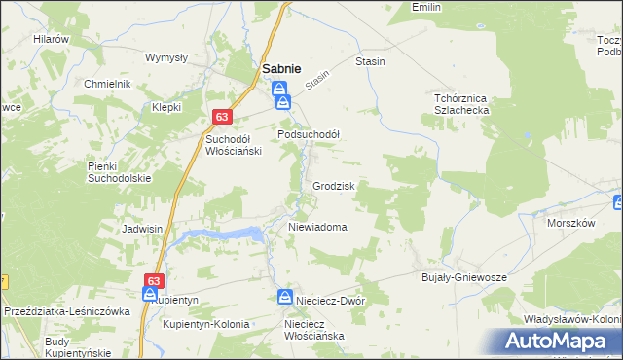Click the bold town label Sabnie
[x=281, y=68]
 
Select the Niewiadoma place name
[x=317, y=227]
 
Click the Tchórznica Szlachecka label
[x=459, y=104]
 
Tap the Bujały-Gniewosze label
[x=464, y=277]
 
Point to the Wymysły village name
[x=165, y=57]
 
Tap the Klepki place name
[x=166, y=107]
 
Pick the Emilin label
[x=426, y=7]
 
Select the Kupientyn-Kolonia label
[x=206, y=324]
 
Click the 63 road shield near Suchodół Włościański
[x=222, y=118]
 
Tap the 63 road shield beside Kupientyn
[x=152, y=281]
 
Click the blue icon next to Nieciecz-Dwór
[x=284, y=297]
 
